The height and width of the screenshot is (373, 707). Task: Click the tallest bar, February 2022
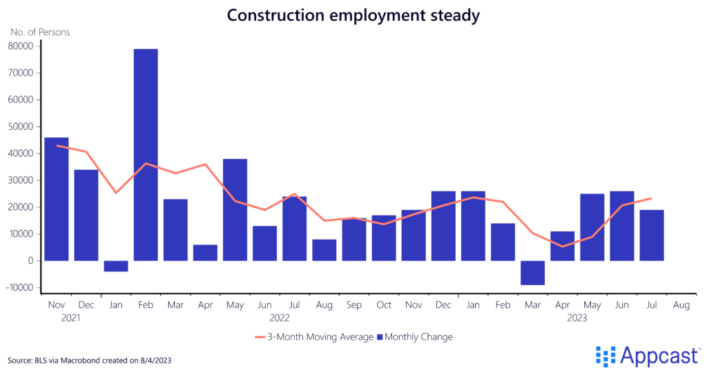tap(146, 155)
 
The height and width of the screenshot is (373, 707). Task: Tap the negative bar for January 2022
tap(116, 266)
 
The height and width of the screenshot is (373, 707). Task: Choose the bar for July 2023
tap(651, 235)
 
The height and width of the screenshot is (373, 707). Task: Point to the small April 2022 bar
tap(205, 252)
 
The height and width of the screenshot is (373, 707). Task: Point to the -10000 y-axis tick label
tap(20, 288)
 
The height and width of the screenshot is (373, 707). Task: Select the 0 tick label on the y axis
tap(31, 261)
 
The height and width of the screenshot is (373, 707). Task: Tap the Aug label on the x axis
tap(681, 305)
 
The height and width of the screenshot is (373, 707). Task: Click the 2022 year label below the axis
tap(280, 318)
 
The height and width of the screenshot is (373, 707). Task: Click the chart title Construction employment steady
tap(353, 16)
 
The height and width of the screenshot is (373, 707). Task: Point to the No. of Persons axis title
tap(39, 32)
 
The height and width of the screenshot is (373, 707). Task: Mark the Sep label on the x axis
tap(354, 305)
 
